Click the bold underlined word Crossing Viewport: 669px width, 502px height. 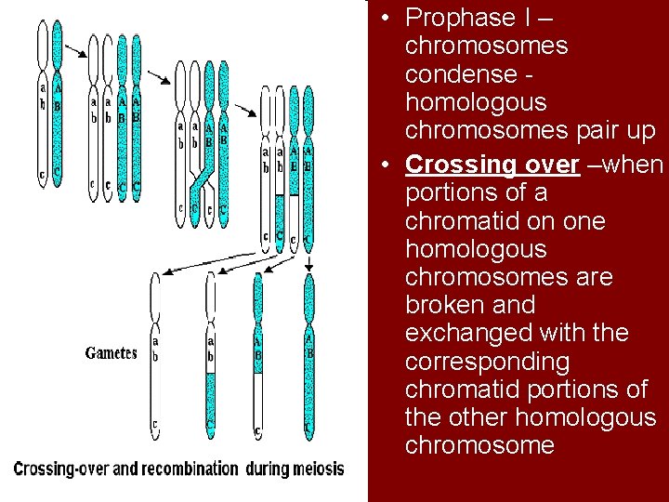(x=462, y=165)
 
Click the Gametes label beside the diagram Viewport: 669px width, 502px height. (x=111, y=353)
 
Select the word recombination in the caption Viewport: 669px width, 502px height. (x=178, y=469)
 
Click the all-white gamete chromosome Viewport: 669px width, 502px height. (x=155, y=353)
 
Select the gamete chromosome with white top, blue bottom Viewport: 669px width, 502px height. (x=211, y=353)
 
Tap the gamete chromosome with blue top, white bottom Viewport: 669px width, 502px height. (x=257, y=353)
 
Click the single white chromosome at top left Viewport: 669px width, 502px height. (x=42, y=102)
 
